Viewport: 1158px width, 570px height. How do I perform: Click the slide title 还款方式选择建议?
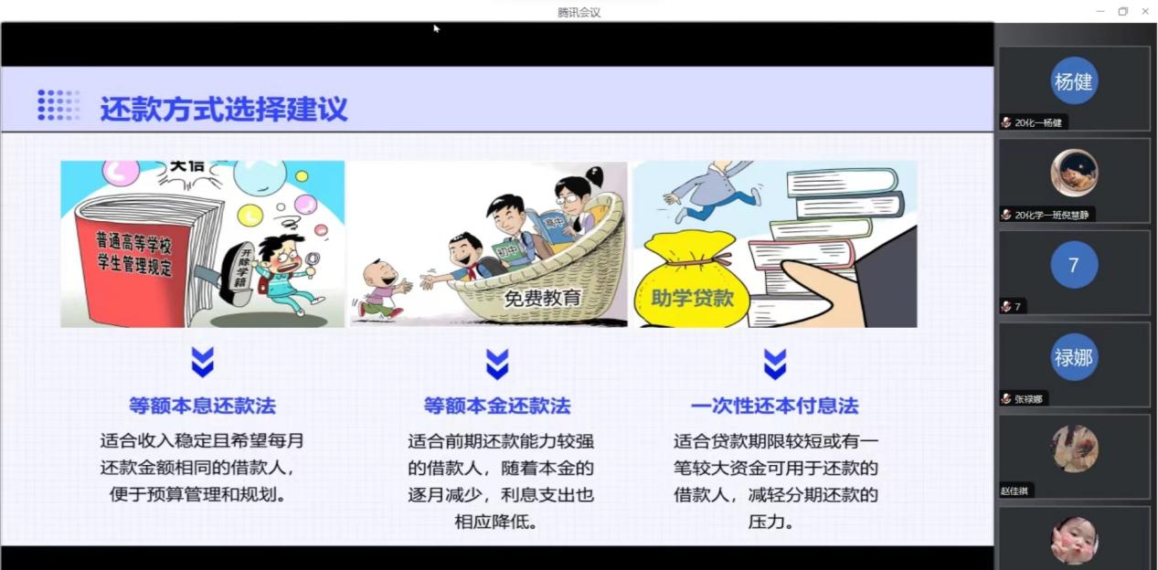(x=224, y=109)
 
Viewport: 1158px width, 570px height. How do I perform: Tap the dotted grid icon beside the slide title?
(x=58, y=105)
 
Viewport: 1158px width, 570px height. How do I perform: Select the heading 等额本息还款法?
(x=202, y=405)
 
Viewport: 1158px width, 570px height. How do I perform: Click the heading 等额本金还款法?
(x=496, y=405)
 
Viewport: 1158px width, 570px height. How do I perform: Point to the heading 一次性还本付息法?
(x=774, y=405)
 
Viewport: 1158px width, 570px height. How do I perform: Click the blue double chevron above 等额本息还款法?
(x=202, y=363)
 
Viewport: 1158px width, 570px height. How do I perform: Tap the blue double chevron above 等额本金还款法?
(x=496, y=363)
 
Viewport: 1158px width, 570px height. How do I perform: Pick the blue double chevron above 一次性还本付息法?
(x=774, y=363)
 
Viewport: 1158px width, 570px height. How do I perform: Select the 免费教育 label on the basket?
(x=542, y=298)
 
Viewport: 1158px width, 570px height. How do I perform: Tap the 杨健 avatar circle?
(x=1073, y=81)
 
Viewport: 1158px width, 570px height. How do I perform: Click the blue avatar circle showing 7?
(x=1073, y=265)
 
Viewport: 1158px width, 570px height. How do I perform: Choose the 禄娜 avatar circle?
(x=1073, y=357)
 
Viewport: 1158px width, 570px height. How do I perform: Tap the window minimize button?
(x=1100, y=11)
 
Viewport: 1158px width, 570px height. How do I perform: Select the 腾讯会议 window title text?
(x=579, y=12)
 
